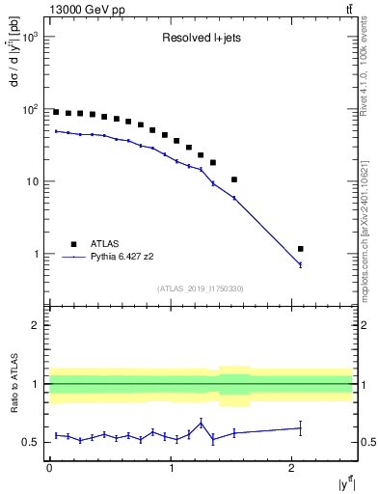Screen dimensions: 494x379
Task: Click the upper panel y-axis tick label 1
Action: click(37, 254)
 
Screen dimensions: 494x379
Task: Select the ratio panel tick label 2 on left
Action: click(37, 326)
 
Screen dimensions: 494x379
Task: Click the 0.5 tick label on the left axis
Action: click(31, 442)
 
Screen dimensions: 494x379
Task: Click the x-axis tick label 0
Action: click(49, 469)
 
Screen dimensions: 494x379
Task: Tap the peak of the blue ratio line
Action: click(201, 423)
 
